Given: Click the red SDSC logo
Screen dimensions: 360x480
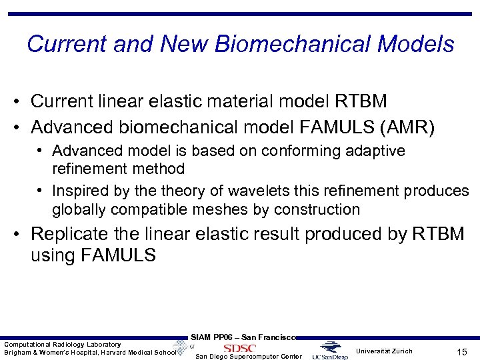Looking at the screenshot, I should [x=239, y=348].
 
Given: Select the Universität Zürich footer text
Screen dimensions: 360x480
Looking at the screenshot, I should [x=384, y=351].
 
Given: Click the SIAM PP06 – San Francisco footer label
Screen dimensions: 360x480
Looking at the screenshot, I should [x=243, y=337].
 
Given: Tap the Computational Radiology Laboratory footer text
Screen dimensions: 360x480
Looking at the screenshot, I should [x=63, y=344].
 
